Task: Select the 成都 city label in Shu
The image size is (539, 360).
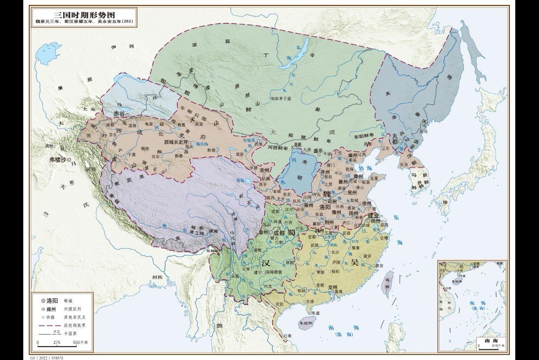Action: tap(278, 233)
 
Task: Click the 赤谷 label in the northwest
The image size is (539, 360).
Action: tap(119, 114)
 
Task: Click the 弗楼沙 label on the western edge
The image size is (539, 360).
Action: tap(58, 159)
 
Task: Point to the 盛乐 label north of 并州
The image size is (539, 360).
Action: tap(318, 151)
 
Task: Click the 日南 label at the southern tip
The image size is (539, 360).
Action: tap(287, 336)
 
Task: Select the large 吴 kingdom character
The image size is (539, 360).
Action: tap(355, 261)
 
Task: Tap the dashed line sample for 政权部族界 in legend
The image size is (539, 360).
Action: tap(49, 325)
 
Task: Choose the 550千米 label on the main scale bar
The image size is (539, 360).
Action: tap(80, 343)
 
